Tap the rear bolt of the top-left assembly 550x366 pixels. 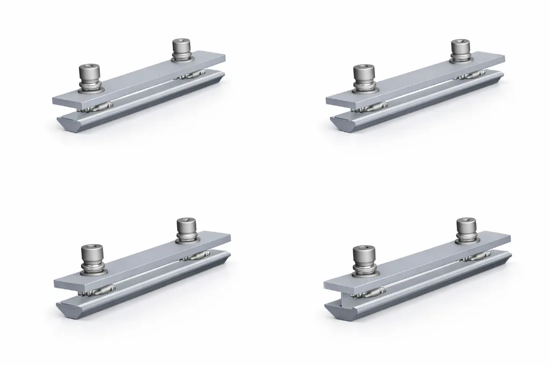(x=182, y=49)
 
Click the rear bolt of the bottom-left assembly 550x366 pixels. (x=186, y=228)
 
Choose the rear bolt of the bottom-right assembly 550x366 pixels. (x=466, y=228)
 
